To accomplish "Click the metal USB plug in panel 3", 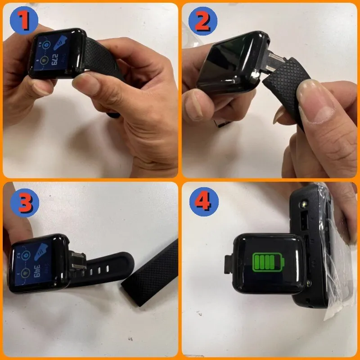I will pyautogui.click(x=77, y=263).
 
